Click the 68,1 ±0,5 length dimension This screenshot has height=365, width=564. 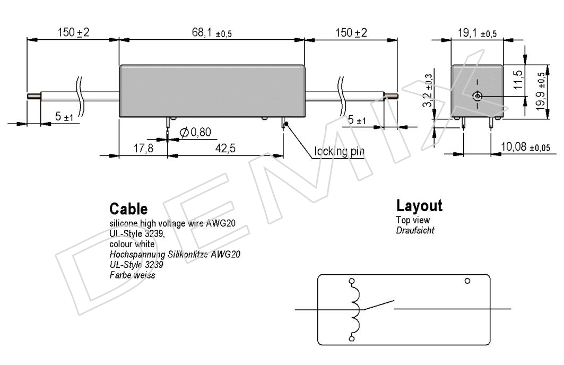click(x=212, y=33)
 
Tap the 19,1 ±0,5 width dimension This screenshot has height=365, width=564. click(x=477, y=33)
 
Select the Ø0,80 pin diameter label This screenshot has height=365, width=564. click(x=195, y=132)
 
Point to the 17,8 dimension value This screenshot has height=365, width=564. click(x=143, y=148)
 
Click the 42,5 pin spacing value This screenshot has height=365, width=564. click(x=225, y=148)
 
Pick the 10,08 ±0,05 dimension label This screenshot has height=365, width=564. click(x=525, y=147)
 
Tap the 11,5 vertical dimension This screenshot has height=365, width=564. click(x=518, y=80)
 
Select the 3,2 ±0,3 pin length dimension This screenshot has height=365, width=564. click(x=428, y=91)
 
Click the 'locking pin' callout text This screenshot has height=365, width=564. click(x=339, y=151)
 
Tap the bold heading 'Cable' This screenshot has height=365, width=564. click(x=128, y=209)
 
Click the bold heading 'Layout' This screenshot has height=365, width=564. click(x=419, y=206)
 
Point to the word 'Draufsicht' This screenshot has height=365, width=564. click(x=415, y=230)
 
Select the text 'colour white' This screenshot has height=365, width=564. click(x=132, y=244)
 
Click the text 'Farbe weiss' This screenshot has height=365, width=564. click(x=132, y=275)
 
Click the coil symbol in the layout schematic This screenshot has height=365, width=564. click(x=354, y=310)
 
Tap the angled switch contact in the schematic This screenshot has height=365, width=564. click(x=378, y=305)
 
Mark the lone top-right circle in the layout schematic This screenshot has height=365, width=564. click(x=467, y=281)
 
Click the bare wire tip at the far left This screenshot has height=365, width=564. click(x=34, y=97)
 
